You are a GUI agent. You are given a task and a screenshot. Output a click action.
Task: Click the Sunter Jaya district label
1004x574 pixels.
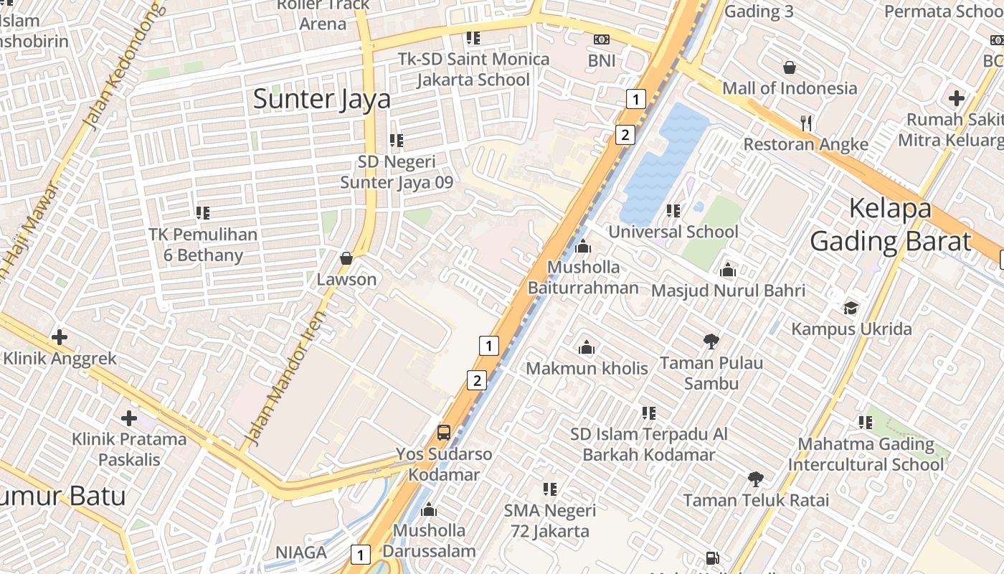pyautogui.click(x=322, y=99)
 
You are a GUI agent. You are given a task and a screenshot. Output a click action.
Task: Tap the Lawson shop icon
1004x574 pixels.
pyautogui.click(x=346, y=258)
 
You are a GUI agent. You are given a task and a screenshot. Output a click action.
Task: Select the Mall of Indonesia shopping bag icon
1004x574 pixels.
pyautogui.click(x=790, y=67)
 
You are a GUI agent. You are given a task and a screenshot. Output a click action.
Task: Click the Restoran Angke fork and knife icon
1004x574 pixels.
pyautogui.click(x=806, y=123)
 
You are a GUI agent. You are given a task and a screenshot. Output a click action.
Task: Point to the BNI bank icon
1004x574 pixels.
pyautogui.click(x=602, y=39)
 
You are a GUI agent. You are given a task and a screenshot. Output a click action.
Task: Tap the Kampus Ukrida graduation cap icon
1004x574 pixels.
pyautogui.click(x=851, y=308)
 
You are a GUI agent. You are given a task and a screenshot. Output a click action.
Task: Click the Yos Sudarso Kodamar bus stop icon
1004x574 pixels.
pyautogui.click(x=444, y=433)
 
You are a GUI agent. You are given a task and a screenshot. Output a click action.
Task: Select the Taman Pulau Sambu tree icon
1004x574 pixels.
pyautogui.click(x=711, y=342)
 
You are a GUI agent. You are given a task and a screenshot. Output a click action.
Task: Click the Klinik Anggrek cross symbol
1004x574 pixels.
pyautogui.click(x=60, y=337)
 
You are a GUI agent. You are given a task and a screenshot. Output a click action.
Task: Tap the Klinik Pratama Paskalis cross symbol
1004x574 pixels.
pyautogui.click(x=129, y=418)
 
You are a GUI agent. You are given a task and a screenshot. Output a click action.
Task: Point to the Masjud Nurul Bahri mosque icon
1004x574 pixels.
pyautogui.click(x=728, y=270)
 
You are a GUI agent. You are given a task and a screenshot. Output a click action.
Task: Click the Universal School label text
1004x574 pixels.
pyautogui.click(x=673, y=232)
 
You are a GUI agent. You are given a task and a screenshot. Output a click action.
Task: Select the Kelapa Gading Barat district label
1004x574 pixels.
pyautogui.click(x=890, y=225)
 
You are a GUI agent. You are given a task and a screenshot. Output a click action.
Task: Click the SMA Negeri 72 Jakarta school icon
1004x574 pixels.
pyautogui.click(x=550, y=489)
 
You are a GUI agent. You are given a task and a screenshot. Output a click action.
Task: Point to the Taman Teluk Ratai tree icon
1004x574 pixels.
pyautogui.click(x=755, y=479)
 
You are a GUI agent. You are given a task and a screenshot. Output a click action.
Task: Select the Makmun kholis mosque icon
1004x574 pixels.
pyautogui.click(x=587, y=348)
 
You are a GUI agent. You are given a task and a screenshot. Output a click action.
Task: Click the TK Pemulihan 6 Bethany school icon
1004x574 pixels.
pyautogui.click(x=203, y=213)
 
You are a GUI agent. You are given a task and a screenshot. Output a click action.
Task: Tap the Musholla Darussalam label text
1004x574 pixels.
pyautogui.click(x=429, y=541)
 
